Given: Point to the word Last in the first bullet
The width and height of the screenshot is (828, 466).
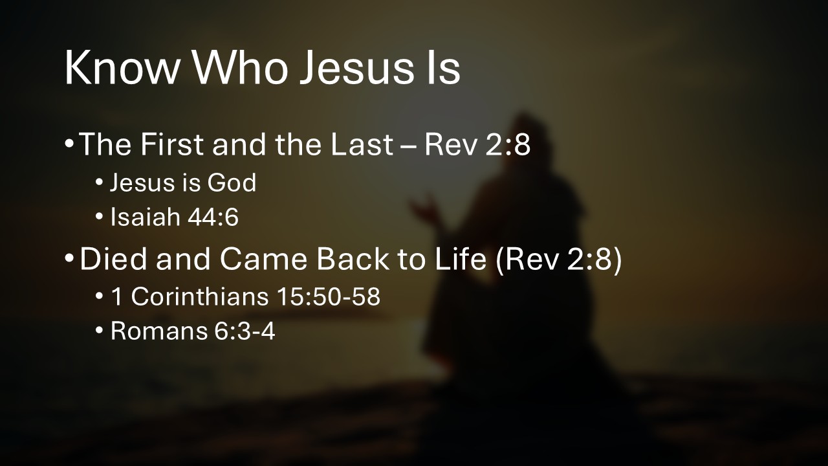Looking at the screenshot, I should tap(363, 145).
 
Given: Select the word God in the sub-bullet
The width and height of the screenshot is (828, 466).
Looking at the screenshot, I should tap(232, 183).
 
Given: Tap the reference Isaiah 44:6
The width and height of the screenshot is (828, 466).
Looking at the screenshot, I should tap(175, 218).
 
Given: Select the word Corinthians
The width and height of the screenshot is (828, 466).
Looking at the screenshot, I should tap(199, 296).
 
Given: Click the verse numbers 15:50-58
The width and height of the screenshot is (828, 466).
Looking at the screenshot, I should tap(329, 296).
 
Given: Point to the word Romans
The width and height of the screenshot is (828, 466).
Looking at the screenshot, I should tap(149, 331).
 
